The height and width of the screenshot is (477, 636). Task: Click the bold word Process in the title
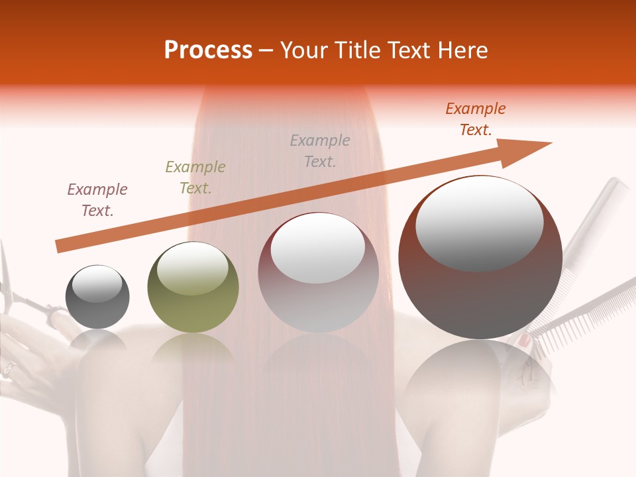208,50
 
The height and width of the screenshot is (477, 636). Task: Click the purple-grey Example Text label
97,200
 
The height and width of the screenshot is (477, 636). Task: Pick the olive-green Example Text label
195,178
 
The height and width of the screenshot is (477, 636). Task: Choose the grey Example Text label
320,151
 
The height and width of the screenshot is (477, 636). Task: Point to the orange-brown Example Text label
476,119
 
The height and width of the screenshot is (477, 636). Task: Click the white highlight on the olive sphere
193,268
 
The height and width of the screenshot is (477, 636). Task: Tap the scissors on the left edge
17,291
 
